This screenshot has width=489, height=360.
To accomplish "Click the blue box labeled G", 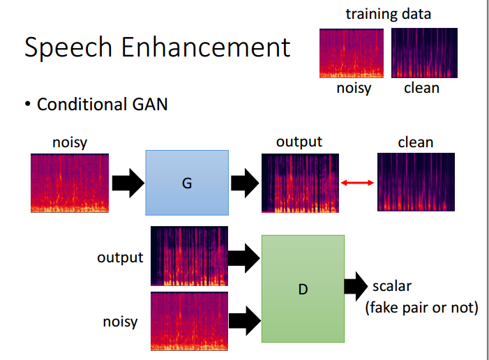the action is point(187,183).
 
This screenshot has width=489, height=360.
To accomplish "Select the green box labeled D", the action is point(303,289).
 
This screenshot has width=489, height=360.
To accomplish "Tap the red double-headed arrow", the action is point(357,183).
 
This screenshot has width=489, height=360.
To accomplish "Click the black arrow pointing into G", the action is point(128,183).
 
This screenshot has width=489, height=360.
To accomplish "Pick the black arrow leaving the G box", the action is point(245,183).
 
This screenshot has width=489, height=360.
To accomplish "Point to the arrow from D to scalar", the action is point(356,286).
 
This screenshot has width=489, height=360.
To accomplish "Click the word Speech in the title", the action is point(68,47).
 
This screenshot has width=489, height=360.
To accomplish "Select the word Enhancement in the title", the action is point(206,47).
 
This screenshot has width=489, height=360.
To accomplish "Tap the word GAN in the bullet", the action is point(150,104).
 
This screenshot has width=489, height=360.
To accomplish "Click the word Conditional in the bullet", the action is point(80,104).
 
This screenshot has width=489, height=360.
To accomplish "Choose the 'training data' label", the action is point(389,14).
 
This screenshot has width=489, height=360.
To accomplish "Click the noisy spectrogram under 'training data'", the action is point(352,53).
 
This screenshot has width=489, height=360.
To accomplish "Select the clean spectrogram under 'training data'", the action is point(424,53).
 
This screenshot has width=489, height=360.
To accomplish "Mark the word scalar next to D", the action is point(392,286).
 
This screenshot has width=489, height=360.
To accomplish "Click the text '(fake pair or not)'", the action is point(421,308).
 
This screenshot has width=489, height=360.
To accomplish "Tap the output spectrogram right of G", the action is point(300,183).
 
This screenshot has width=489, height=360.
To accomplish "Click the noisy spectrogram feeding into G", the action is point(70,183).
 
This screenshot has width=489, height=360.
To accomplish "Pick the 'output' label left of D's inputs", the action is point(120,257).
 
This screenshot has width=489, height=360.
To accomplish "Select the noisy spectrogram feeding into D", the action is point(189,322).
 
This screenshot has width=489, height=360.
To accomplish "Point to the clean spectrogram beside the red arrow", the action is point(416,182).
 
